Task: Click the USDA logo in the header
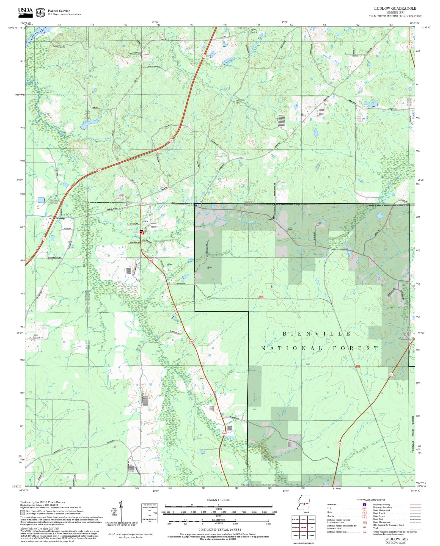pos(25,12)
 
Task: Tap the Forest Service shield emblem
pos(40,12)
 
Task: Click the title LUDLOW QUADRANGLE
pos(395,9)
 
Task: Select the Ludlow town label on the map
pos(144,221)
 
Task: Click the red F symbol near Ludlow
pos(143,233)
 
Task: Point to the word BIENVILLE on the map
pos(317,334)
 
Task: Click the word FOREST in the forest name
pos(356,348)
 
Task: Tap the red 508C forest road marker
pos(261,297)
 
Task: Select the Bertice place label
pos(254,32)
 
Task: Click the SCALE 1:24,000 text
pos(219,500)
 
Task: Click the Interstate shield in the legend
pos(364,505)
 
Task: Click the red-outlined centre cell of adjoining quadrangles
pos(303,527)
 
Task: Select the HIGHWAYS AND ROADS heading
pos(370,500)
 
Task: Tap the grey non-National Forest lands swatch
pos(22,512)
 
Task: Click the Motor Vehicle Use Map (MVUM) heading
pos(39,528)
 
